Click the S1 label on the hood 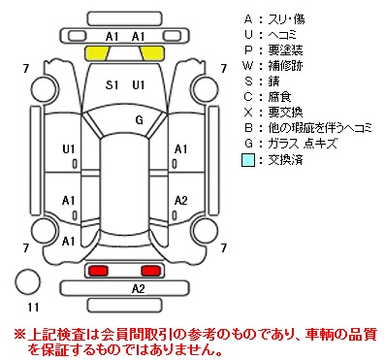click(x=112, y=85)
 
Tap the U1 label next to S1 click(x=139, y=85)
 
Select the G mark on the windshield click(x=139, y=120)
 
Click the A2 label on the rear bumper click(x=139, y=288)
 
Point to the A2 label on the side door click(x=180, y=201)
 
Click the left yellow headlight click(x=97, y=53)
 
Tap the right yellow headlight click(x=152, y=53)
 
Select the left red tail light click(x=98, y=271)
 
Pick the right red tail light click(x=150, y=271)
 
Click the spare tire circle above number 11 click(x=28, y=281)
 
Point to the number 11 click(x=33, y=307)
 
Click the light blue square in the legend click(x=248, y=160)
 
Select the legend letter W click(x=248, y=66)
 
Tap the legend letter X click(x=248, y=113)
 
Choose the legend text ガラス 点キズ click(x=303, y=144)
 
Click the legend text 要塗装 click(x=285, y=50)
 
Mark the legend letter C click(x=248, y=97)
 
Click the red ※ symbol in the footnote click(x=19, y=334)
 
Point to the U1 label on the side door click(x=69, y=149)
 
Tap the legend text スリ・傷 click(x=286, y=19)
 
